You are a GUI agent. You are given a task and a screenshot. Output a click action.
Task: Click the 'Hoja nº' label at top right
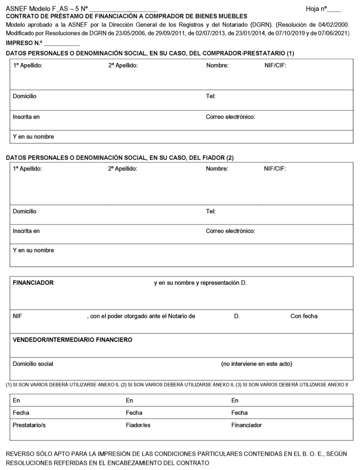pyautogui.click(x=316, y=9)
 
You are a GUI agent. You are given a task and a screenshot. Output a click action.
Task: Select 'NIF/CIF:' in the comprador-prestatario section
pyautogui.click(x=275, y=66)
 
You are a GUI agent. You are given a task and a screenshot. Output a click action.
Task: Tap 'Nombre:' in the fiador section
pyautogui.click(x=217, y=169)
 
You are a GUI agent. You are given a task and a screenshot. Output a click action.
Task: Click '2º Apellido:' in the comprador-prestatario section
pyautogui.click(x=123, y=66)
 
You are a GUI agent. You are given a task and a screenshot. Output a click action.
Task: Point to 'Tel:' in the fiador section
pyautogui.click(x=210, y=211)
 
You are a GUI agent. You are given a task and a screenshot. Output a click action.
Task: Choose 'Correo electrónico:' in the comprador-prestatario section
pyautogui.click(x=230, y=117)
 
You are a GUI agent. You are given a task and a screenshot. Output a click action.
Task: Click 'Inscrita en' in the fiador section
pyautogui.click(x=26, y=231)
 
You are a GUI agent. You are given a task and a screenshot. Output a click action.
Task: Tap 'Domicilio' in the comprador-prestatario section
pyautogui.click(x=24, y=96)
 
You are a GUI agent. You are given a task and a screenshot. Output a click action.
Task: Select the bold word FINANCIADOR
pyautogui.click(x=33, y=283)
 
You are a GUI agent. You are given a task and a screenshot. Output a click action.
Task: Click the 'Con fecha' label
pyautogui.click(x=304, y=316)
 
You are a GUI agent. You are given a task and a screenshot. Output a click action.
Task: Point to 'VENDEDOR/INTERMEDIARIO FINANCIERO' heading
pyautogui.click(x=72, y=340)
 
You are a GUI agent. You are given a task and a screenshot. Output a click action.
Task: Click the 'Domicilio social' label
pyautogui.click(x=33, y=364)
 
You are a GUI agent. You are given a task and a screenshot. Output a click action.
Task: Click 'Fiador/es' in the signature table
pyautogui.click(x=138, y=425)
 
